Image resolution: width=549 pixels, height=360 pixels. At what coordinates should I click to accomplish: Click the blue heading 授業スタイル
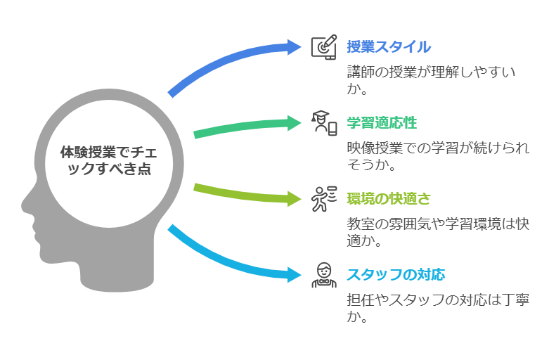coord(389,47)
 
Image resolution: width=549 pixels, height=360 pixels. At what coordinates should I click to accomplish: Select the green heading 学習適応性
coord(382,123)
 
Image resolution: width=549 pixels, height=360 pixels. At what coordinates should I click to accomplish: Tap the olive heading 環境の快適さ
coord(389,199)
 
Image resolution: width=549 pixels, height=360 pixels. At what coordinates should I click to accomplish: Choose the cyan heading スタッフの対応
coord(396,275)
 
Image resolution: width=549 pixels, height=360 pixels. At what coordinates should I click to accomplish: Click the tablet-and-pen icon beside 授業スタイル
coord(324,47)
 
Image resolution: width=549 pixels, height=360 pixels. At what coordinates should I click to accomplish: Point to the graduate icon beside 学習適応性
coord(324,123)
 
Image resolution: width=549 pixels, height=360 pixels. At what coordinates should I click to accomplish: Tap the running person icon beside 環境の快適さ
coord(324,199)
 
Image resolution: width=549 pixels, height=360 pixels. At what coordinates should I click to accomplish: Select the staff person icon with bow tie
coord(324,275)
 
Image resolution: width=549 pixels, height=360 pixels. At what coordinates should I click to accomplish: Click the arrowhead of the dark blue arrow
coord(294,47)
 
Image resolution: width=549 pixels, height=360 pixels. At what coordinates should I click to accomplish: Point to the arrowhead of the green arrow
coord(294,123)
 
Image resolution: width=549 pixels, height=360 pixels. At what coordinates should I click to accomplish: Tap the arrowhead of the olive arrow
coord(294,199)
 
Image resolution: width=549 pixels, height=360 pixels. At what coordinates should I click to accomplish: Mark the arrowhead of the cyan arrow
coord(294,274)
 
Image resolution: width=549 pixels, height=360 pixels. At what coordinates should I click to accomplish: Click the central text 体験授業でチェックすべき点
coord(109,160)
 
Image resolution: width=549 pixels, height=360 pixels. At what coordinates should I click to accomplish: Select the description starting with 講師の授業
coord(431,80)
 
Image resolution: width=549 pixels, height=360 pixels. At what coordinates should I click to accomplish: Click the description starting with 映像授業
coord(438,156)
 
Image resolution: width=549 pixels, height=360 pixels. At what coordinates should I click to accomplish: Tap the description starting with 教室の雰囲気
coord(438,232)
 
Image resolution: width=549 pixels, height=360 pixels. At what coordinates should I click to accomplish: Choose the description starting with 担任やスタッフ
coord(438,308)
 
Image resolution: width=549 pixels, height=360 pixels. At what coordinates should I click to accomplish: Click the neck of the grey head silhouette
coord(117,276)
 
